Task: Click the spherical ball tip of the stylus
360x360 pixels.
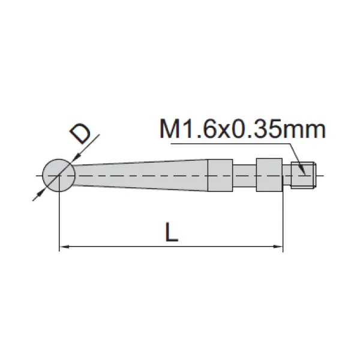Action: [x=59, y=175]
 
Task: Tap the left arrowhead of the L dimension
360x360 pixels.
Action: [x=64, y=245]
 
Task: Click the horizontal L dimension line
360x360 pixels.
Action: [x=171, y=245]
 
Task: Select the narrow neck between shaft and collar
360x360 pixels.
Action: [x=244, y=175]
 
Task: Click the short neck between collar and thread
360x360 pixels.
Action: [x=287, y=175]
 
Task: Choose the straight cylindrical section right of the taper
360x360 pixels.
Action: [x=220, y=175]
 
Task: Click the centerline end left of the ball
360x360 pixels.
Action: [x=37, y=175]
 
